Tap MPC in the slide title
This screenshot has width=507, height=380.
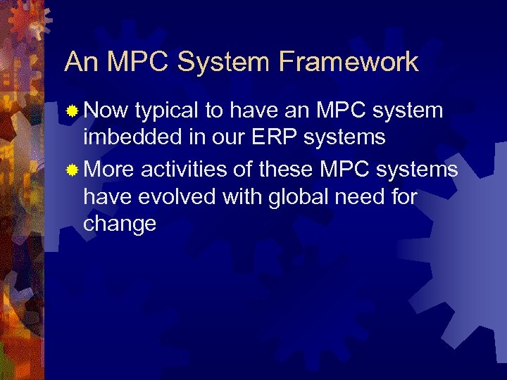click(138, 62)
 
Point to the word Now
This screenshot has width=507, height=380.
click(106, 110)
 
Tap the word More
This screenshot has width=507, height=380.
click(109, 170)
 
